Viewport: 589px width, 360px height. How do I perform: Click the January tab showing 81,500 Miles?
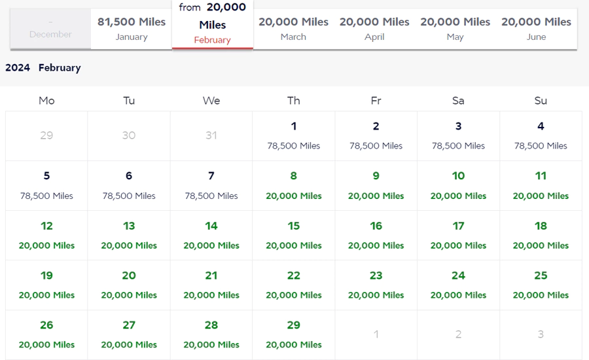[x=132, y=29]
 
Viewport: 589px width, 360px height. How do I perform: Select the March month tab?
[x=293, y=29]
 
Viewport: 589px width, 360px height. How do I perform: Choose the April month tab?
[x=374, y=29]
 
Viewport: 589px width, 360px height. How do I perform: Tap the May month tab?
[x=455, y=29]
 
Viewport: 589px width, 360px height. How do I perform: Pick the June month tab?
[x=536, y=29]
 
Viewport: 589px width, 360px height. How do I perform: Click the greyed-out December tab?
[x=50, y=29]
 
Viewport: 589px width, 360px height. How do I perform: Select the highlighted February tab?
[x=212, y=24]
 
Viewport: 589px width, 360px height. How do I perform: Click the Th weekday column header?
[x=293, y=100]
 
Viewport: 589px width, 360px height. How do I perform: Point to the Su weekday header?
[x=541, y=100]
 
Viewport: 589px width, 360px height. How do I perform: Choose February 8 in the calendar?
[x=293, y=185]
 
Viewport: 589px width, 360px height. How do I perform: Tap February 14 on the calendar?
[x=211, y=235]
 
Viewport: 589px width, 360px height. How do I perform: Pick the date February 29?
[x=293, y=334]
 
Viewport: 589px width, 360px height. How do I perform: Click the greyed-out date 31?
[x=211, y=135]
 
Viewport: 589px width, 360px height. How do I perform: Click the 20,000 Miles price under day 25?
[x=541, y=295]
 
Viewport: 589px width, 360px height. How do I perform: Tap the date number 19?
[x=46, y=276]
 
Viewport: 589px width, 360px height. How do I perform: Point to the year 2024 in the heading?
[x=18, y=67]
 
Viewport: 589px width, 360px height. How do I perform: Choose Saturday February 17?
[x=458, y=235]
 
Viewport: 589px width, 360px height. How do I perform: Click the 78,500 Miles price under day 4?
[x=541, y=146]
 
